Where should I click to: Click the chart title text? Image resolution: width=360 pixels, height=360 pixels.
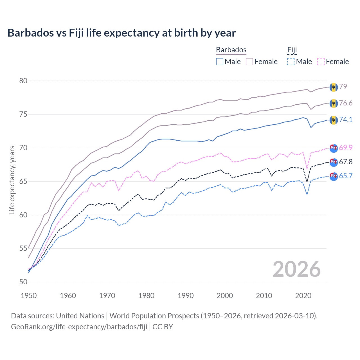coord(121,33)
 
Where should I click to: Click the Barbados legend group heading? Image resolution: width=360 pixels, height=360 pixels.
coord(231,50)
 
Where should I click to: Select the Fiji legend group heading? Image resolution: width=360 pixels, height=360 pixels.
coord(292,50)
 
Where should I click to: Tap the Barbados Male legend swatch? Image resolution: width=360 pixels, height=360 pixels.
coord(220,62)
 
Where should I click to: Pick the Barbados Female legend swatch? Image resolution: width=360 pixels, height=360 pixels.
coord(249,62)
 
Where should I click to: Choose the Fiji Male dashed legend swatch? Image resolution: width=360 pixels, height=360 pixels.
coord(291,62)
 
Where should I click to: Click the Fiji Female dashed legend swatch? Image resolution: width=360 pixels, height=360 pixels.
coord(321,62)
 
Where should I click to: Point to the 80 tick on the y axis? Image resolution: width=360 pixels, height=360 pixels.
coord(23,81)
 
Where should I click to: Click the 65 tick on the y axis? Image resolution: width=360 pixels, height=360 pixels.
coord(23,181)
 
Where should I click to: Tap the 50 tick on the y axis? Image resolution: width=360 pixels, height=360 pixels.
coord(23,282)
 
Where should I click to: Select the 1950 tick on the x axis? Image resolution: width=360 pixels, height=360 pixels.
coord(29,296)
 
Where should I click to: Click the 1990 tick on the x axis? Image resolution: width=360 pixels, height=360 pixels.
coord(186,296)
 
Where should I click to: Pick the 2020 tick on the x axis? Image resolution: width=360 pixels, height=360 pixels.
coord(303,296)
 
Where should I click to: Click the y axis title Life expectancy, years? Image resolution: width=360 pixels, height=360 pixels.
coord(12,180)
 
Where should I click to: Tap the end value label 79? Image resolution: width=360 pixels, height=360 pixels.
coord(343,87)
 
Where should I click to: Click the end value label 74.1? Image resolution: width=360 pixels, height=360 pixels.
coord(346,120)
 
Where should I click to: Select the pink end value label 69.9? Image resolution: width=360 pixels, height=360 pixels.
coord(346,148)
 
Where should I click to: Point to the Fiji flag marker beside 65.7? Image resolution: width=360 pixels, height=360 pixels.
coord(334,176)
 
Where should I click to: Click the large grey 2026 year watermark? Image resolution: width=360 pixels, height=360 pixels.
coord(297,269)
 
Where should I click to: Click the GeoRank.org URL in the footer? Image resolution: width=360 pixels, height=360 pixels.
coord(79,327)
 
